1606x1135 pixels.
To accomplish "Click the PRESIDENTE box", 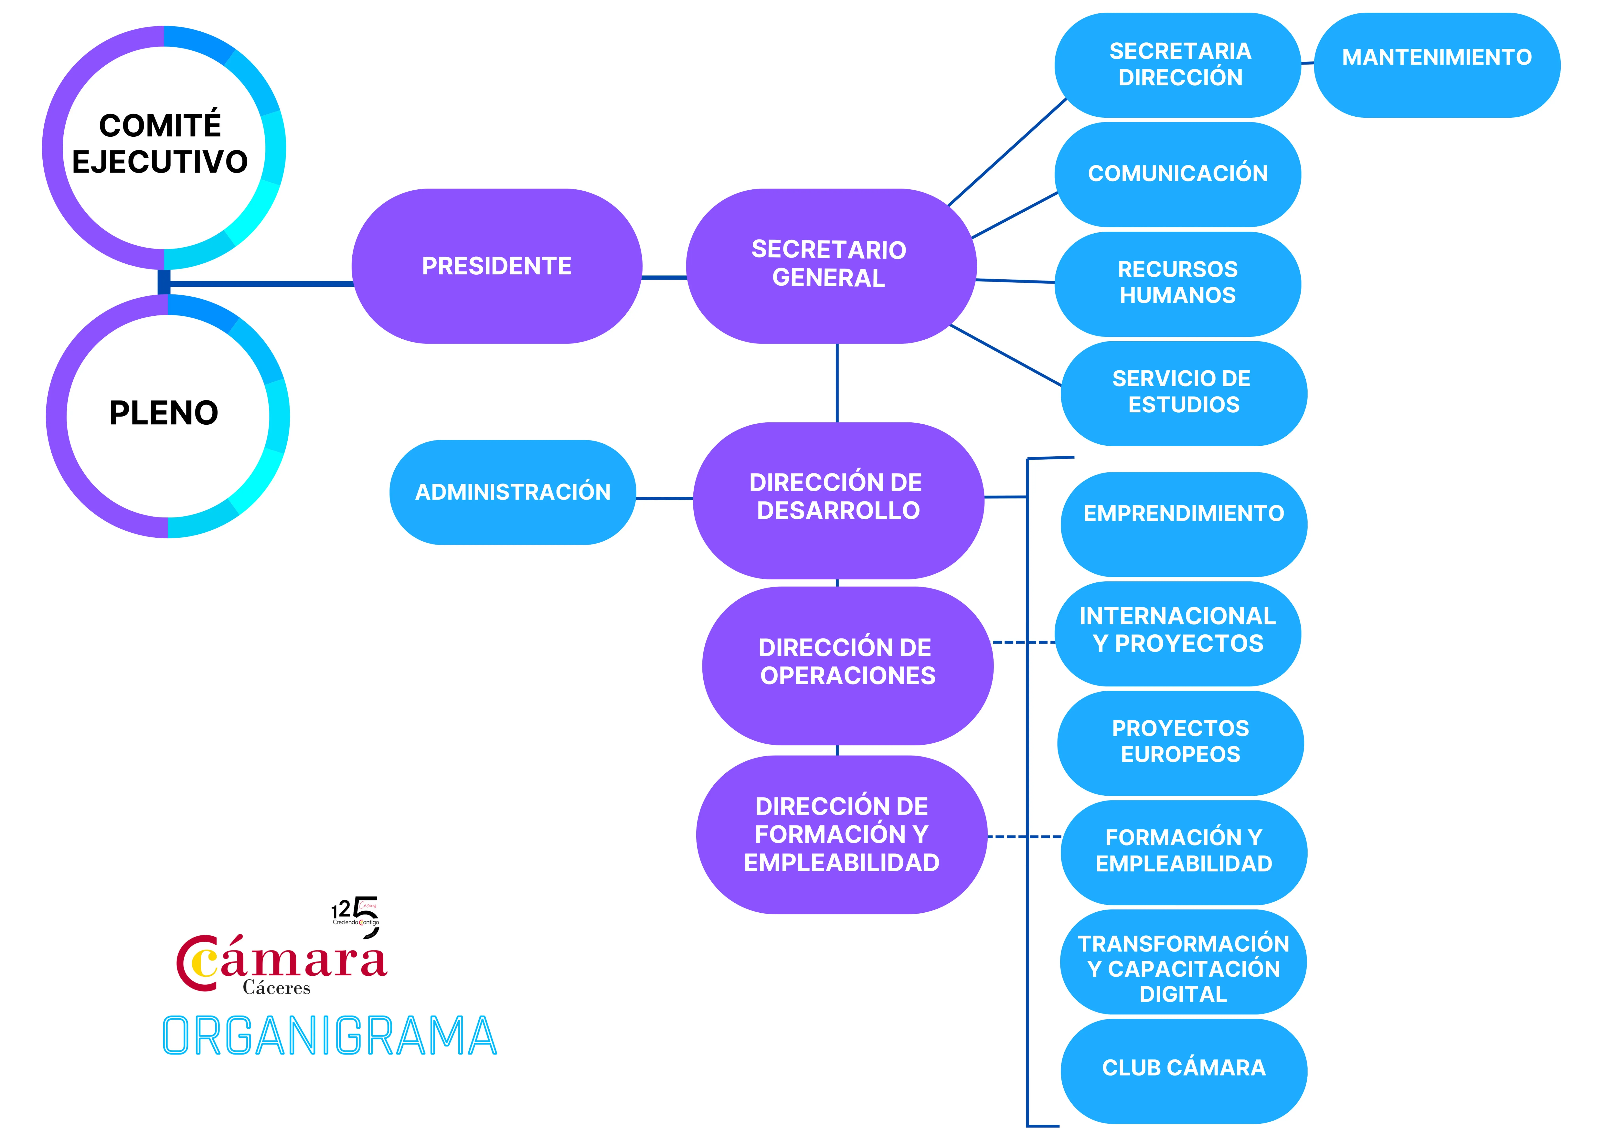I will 497,266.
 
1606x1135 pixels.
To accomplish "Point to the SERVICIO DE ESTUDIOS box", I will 1184,392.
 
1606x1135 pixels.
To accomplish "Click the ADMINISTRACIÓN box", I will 513,492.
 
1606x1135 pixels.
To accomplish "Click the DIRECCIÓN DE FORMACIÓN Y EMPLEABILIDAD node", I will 842,834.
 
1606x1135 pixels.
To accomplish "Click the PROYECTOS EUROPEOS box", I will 1181,742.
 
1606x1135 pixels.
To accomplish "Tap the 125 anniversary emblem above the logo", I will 357,914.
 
